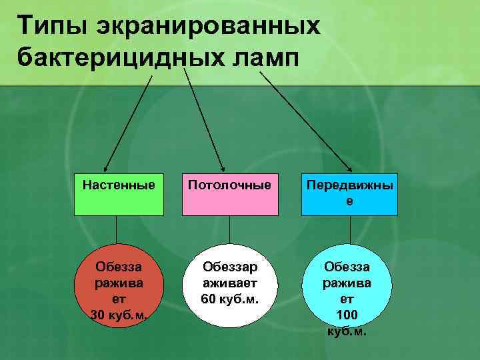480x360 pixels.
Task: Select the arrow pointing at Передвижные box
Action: coord(303,120)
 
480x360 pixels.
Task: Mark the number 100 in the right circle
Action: coord(347,314)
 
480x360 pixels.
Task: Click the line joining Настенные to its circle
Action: coord(117,230)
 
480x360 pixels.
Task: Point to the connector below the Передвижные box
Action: coord(349,230)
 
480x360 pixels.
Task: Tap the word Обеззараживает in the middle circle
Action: coord(229,275)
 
